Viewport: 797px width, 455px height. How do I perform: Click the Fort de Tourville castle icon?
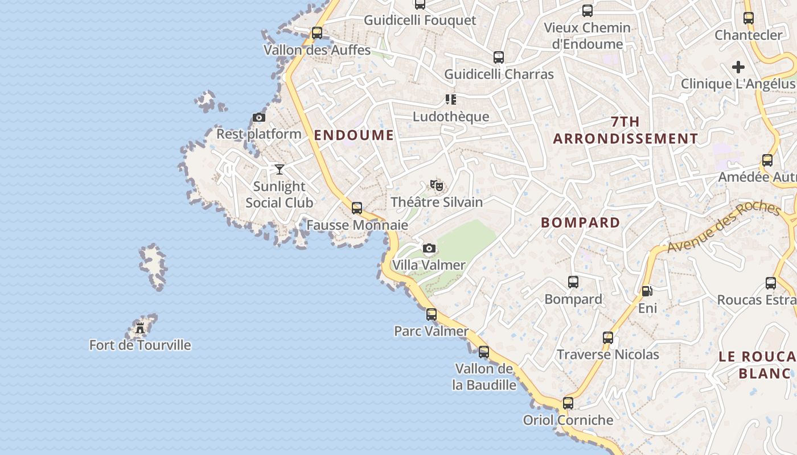[x=140, y=328]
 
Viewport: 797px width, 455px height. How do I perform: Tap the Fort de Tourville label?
[x=140, y=345]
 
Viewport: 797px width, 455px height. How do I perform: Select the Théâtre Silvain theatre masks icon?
[x=437, y=185]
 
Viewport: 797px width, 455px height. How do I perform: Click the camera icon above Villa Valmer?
[x=429, y=248]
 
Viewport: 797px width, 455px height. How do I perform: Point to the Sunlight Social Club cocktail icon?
[x=279, y=169]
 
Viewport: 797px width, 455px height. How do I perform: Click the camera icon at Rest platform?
[x=259, y=118]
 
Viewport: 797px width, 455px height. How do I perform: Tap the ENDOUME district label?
[x=354, y=135]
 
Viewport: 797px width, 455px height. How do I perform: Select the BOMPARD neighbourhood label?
[x=581, y=223]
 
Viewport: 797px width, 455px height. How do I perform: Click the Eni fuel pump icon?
[x=647, y=291]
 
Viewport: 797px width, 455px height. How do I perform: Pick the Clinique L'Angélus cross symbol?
[x=738, y=67]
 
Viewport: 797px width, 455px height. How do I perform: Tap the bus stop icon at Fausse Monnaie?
[x=357, y=208]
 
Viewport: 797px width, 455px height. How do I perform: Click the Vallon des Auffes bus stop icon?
[x=317, y=33]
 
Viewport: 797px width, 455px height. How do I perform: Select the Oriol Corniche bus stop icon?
[x=568, y=403]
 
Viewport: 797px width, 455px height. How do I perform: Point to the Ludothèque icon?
[x=451, y=100]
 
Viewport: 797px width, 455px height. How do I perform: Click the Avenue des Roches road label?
[x=724, y=226]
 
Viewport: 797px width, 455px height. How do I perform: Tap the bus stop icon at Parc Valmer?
[x=432, y=314]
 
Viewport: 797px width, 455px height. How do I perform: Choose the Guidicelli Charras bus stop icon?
[x=499, y=57]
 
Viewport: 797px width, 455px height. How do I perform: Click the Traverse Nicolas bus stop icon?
[x=608, y=338]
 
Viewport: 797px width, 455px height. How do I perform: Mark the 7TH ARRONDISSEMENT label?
[x=625, y=130]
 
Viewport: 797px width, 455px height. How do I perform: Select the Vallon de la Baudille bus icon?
[x=484, y=352]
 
